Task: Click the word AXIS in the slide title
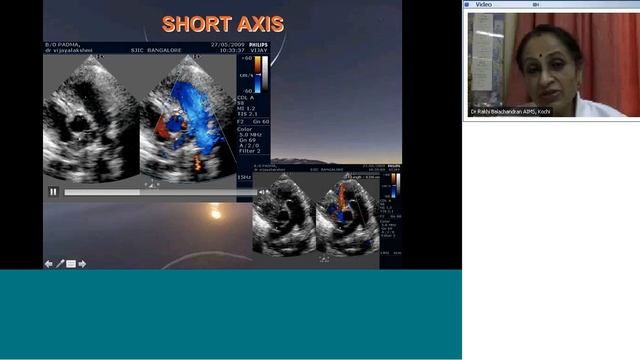258,23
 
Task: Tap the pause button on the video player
53,191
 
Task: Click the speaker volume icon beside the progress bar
263,191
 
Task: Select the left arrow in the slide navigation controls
48,264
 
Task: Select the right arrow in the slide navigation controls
82,264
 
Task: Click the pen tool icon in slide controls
59,264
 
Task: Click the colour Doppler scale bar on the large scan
257,75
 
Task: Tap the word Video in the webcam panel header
483,4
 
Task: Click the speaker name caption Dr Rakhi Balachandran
511,111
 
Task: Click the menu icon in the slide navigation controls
70,264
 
